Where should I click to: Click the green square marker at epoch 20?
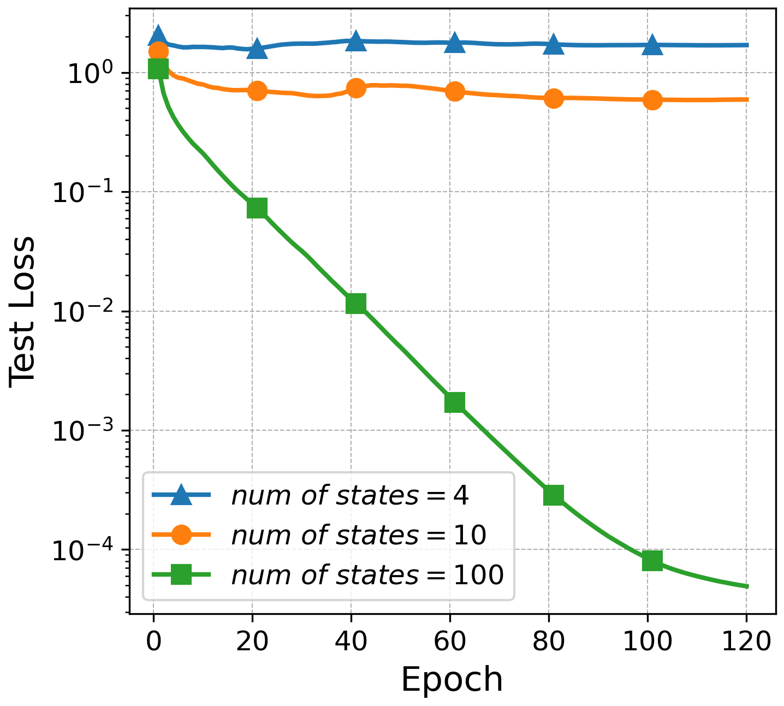[257, 208]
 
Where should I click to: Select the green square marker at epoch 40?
[356, 304]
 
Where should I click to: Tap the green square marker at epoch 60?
[455, 402]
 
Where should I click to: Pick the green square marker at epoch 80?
[554, 495]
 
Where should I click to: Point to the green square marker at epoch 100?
[652, 560]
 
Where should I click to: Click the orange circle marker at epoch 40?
[356, 88]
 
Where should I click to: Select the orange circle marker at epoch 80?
[554, 98]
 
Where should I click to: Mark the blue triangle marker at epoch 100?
[652, 45]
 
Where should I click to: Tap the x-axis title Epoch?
[452, 680]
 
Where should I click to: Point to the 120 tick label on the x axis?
[746, 642]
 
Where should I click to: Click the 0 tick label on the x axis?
[153, 642]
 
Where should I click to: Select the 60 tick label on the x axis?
[450, 642]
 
